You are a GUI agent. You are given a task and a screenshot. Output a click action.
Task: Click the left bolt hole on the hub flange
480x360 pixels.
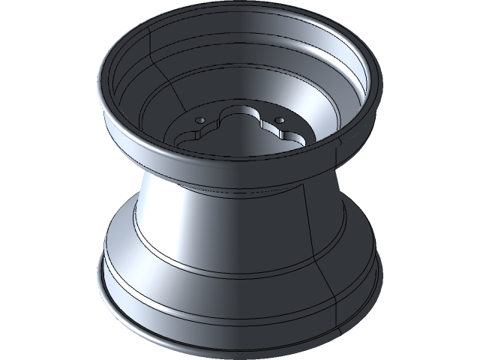coord(199,120)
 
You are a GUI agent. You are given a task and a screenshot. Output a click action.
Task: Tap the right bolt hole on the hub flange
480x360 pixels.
coord(279,119)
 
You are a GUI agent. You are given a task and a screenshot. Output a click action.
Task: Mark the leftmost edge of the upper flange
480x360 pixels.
coord(99,82)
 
